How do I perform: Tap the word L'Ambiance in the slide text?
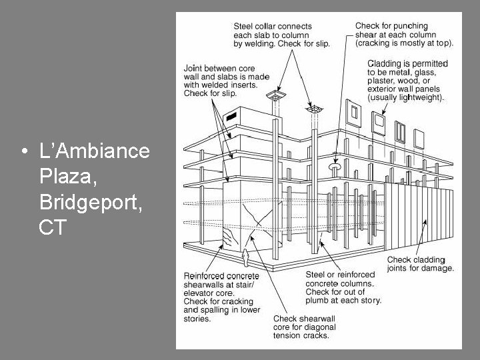click(x=95, y=151)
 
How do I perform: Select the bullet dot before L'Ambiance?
click(x=25, y=151)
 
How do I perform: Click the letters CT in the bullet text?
click(x=53, y=227)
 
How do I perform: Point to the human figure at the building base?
click(x=245, y=258)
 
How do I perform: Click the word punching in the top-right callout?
click(x=412, y=26)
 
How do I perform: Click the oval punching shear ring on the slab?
click(x=335, y=166)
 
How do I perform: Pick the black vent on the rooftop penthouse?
click(x=231, y=116)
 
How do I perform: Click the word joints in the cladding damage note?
click(x=397, y=268)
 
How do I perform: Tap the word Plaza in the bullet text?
click(x=68, y=176)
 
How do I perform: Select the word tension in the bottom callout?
click(x=286, y=335)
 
